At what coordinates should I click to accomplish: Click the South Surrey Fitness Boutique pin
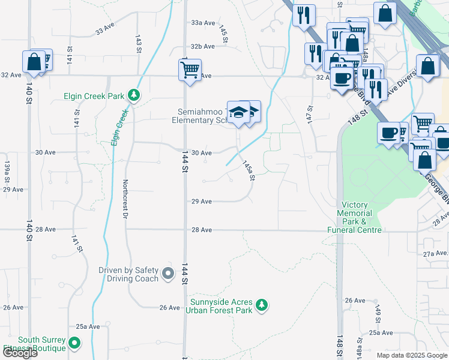pyautogui.click(x=74, y=344)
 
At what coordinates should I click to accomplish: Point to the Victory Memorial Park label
pyautogui.click(x=354, y=217)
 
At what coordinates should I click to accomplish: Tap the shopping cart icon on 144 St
pyautogui.click(x=190, y=70)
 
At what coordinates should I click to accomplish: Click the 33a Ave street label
pyautogui.click(x=203, y=23)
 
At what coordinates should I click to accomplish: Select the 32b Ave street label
pyautogui.click(x=203, y=46)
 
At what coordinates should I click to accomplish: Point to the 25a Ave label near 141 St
pyautogui.click(x=88, y=326)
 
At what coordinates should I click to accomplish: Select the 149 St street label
pyautogui.click(x=378, y=312)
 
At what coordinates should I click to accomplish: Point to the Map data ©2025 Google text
pyautogui.click(x=412, y=355)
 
